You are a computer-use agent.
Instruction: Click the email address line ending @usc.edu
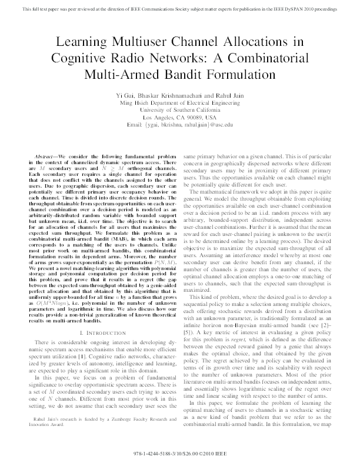pyautogui.click(x=180, y=124)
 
